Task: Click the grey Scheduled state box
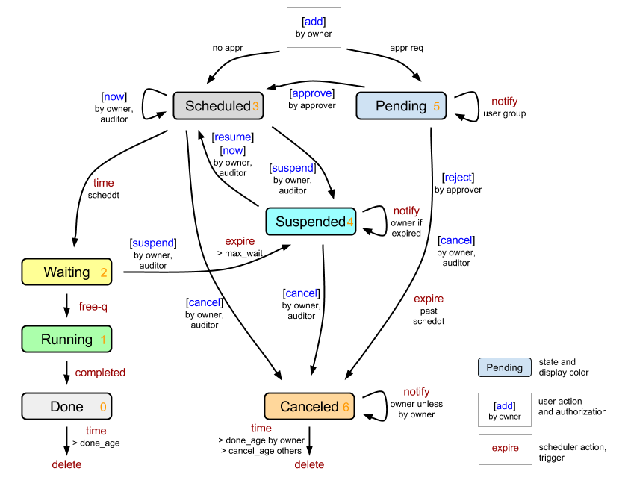click(217, 106)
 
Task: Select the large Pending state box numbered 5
click(400, 106)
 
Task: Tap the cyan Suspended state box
click(310, 222)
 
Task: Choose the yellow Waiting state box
click(66, 272)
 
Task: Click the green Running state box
click(66, 340)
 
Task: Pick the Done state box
click(66, 407)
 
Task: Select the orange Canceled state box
click(309, 407)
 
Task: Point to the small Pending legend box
click(505, 367)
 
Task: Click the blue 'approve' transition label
click(311, 93)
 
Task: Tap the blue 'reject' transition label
click(458, 178)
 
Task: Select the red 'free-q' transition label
click(93, 307)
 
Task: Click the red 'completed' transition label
click(100, 373)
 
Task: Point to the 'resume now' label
click(233, 144)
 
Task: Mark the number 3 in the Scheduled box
click(255, 107)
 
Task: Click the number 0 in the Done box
click(103, 408)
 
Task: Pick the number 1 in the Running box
click(103, 340)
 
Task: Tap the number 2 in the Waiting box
click(104, 273)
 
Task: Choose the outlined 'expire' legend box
click(506, 449)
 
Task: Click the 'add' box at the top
click(314, 28)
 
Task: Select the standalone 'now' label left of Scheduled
click(114, 97)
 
